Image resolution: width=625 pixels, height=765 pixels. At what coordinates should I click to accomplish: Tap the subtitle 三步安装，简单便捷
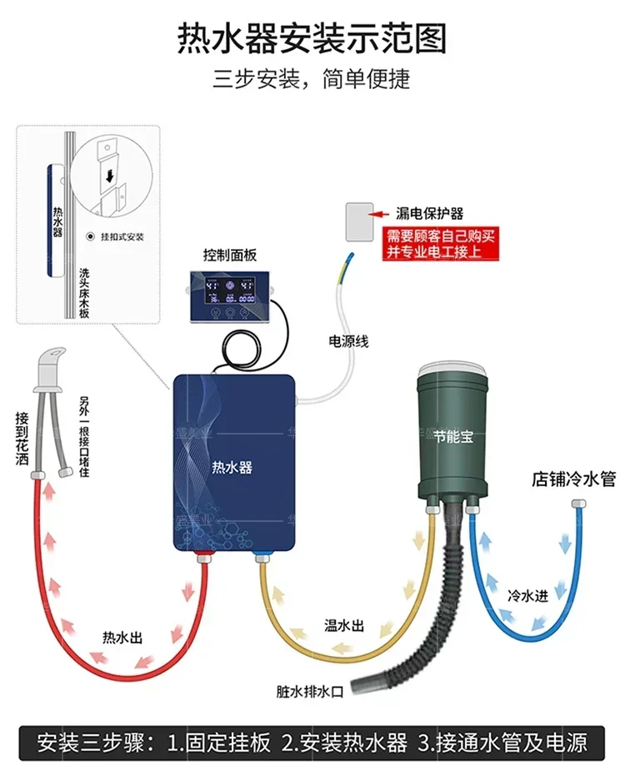pos(312,80)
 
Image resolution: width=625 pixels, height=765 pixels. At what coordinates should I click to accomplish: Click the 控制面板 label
pos(228,254)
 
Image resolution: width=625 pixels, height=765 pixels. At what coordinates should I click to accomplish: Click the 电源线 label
pos(348,341)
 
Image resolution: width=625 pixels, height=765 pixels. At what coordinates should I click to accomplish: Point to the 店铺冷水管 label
pos(573,480)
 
